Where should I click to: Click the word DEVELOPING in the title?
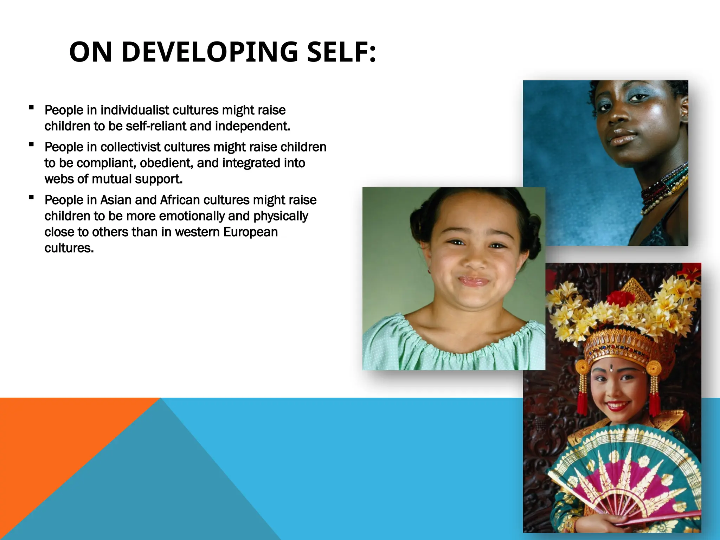coord(210,52)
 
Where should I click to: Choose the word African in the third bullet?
coord(180,200)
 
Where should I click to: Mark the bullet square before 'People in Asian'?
coord(32,198)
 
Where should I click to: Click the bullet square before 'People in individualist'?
coord(32,108)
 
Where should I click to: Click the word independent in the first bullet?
coord(253,126)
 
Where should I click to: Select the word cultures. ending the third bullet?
coord(69,248)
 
